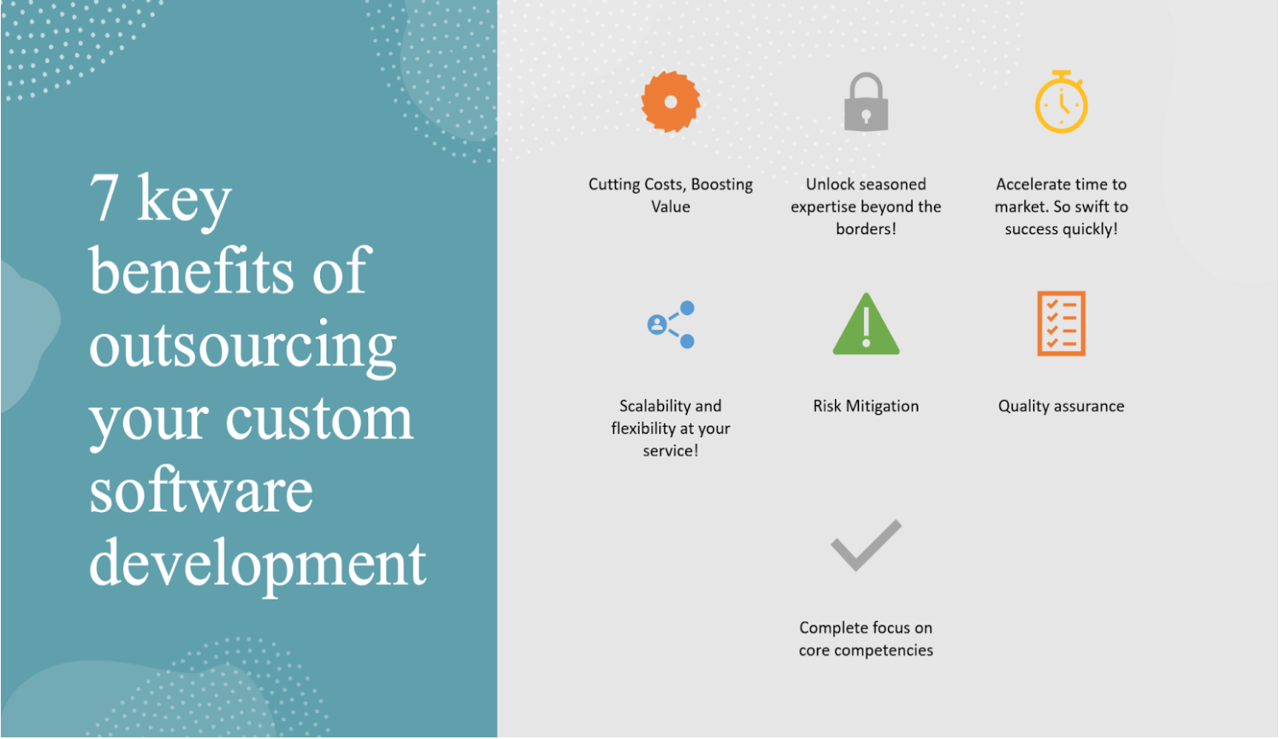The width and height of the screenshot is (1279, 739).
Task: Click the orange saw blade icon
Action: click(671, 101)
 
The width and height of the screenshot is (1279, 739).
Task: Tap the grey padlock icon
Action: click(866, 102)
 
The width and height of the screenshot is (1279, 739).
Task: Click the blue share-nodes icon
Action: click(671, 324)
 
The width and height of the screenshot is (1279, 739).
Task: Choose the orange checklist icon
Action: click(1061, 323)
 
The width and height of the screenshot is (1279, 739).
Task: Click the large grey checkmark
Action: click(866, 545)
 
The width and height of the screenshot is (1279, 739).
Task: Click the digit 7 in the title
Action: click(104, 198)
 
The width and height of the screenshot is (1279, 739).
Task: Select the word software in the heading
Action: click(201, 492)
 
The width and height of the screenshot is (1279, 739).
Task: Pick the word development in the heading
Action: click(257, 564)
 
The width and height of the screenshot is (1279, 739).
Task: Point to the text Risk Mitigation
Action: click(866, 406)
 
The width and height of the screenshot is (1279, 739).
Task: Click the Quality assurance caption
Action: click(1061, 406)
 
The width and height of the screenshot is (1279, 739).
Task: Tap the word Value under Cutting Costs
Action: click(671, 207)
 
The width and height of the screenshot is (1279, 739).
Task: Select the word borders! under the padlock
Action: click(866, 229)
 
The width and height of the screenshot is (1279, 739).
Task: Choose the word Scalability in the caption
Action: click(654, 406)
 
